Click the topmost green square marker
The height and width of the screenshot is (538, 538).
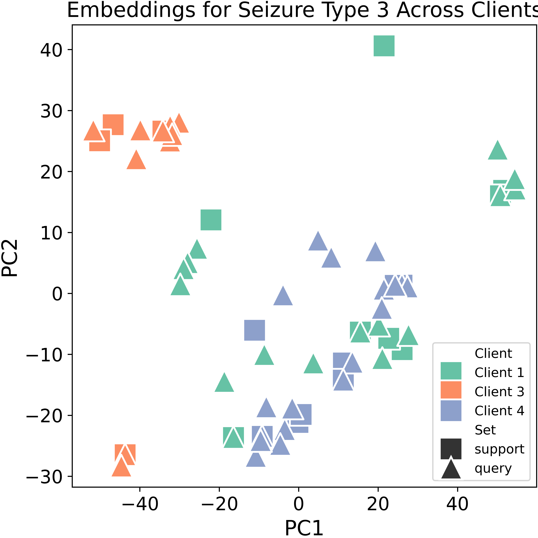[x=384, y=46]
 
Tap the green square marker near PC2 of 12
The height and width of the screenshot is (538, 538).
[x=211, y=220]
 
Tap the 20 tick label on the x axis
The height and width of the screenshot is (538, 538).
[x=378, y=504]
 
